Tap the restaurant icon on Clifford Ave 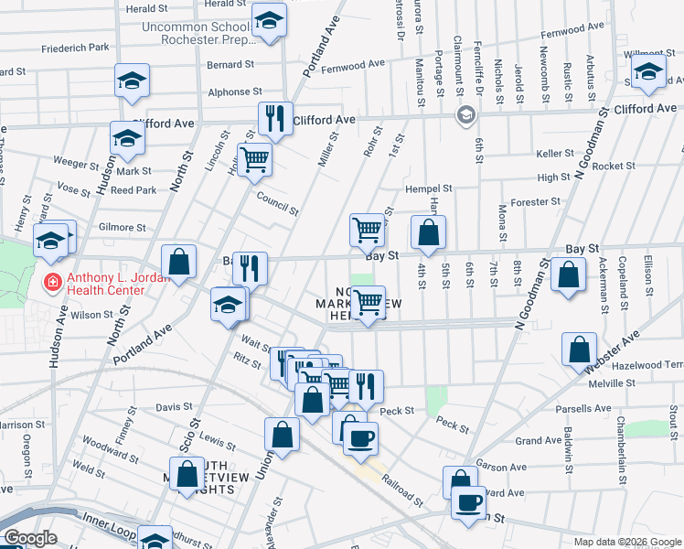coord(274,118)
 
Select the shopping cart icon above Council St coord(255,160)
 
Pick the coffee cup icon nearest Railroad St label coord(360,438)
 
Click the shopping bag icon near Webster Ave coord(579,349)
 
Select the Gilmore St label coord(123,227)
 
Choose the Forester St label coord(536,202)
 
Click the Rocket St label coord(613,166)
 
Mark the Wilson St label coord(91,315)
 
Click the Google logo coord(31,538)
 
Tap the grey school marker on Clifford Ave coord(466,115)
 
